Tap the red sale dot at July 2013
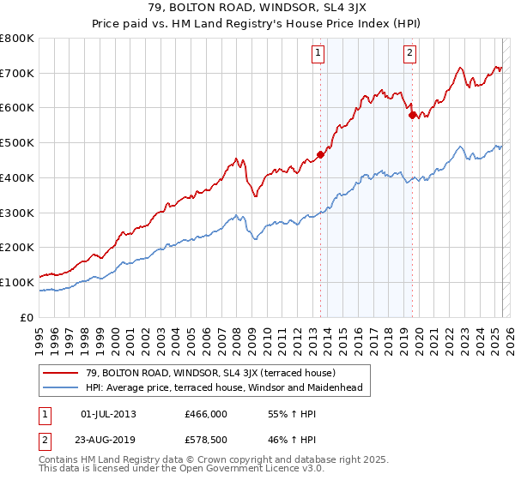tap(320, 155)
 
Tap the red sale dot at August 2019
tap(413, 114)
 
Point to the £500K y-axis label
tap(17, 142)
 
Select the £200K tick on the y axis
tap(17, 247)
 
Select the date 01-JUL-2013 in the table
tap(108, 414)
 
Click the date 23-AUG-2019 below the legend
tap(109, 441)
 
